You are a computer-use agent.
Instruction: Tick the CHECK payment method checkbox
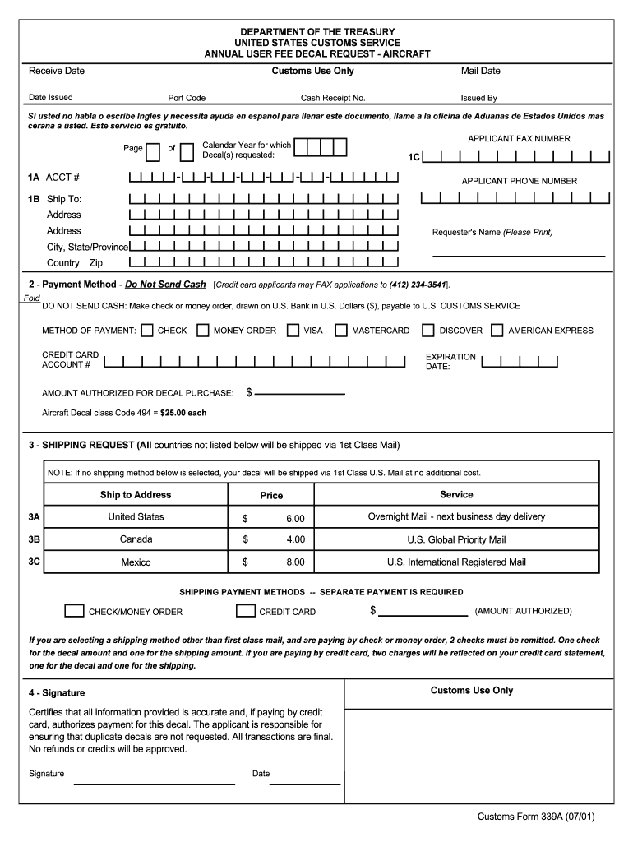pos(147,331)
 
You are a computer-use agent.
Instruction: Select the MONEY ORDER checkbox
pos(202,331)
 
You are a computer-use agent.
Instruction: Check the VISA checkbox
pos(293,331)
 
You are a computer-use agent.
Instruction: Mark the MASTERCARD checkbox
pos(340,331)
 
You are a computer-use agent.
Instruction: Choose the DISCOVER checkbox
pos(428,331)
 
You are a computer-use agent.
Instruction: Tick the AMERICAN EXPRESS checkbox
pos(497,331)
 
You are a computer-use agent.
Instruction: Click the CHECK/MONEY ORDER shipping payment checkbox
pos(74,611)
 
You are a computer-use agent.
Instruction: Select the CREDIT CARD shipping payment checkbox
pos(245,611)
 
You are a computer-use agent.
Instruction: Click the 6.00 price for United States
pos(295,518)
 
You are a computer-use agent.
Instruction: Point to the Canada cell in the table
pos(136,539)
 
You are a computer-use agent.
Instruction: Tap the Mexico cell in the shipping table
pos(136,562)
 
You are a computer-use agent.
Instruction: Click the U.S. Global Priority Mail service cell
pos(456,540)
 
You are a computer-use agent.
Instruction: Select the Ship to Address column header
pos(136,495)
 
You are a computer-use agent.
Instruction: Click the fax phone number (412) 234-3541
pos(418,285)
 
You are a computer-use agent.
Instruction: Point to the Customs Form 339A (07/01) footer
pos(535,817)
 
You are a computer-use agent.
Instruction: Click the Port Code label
pos(187,98)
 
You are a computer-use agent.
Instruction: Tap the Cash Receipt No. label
pos(333,98)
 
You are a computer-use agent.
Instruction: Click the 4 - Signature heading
pos(57,693)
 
